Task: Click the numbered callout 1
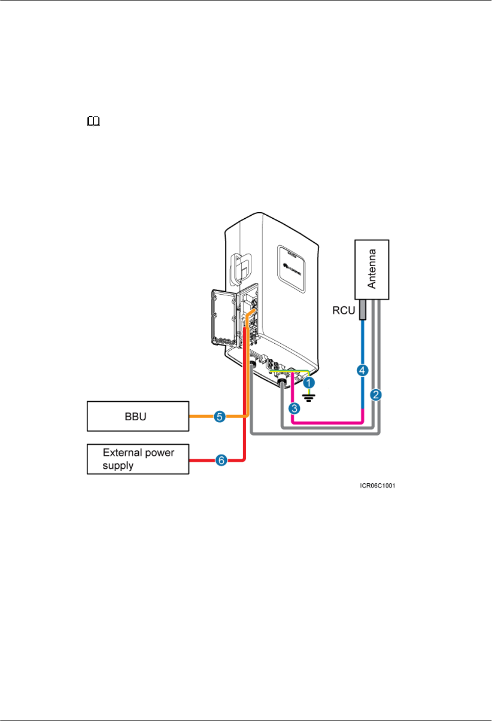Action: point(309,383)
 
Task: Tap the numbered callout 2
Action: point(376,395)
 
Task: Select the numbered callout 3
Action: point(294,409)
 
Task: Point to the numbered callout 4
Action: point(362,371)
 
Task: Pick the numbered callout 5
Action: point(220,417)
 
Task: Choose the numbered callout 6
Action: point(221,460)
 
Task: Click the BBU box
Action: point(138,416)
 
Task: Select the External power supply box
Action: point(138,459)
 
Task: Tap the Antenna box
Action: point(372,270)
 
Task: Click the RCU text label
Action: point(343,311)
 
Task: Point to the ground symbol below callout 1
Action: point(308,398)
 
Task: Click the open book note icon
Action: point(93,121)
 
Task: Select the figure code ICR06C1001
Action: point(377,486)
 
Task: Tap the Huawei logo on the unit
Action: point(292,269)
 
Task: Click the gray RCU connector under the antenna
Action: point(362,310)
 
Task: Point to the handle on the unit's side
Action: point(240,270)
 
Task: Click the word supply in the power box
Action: point(118,466)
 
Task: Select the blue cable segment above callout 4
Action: point(362,342)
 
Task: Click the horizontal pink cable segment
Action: point(327,423)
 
